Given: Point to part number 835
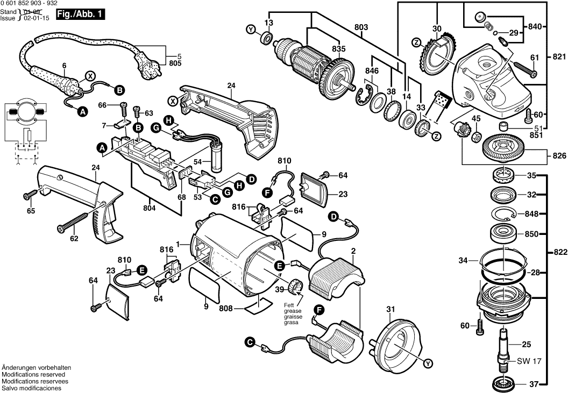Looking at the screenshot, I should pos(338,48).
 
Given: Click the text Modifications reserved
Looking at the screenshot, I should pos(33,374).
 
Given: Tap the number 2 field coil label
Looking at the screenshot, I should pos(353,251).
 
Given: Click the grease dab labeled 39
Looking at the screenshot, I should pos(297,287).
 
